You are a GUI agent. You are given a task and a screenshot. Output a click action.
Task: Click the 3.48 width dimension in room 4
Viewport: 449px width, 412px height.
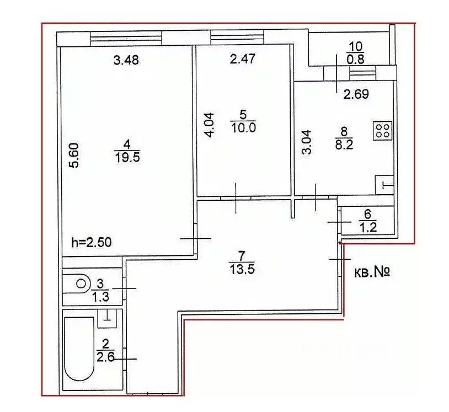[126, 60]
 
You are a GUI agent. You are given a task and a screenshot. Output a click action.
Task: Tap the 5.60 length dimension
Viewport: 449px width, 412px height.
[74, 156]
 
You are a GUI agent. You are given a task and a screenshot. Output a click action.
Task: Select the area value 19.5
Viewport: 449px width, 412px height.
[127, 157]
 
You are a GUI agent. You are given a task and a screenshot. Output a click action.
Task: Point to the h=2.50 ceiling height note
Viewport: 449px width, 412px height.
[92, 243]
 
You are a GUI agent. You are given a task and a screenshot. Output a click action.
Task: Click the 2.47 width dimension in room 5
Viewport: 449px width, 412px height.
[243, 58]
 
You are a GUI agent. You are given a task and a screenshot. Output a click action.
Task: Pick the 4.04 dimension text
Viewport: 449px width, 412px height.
[210, 125]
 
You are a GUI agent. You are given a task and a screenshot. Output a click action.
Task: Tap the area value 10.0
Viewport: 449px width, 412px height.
[243, 127]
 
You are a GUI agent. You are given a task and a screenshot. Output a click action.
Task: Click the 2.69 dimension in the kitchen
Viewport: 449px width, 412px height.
[356, 94]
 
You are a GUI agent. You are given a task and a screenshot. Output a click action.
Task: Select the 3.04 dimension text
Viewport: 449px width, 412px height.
[307, 142]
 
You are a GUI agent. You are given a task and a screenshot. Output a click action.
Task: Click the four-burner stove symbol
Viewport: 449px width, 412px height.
[383, 131]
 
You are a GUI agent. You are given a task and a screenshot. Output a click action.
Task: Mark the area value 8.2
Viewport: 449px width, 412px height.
[344, 145]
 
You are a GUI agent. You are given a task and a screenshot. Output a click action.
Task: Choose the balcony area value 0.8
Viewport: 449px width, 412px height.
[356, 59]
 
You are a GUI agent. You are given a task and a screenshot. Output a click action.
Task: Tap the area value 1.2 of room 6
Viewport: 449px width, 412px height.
[368, 228]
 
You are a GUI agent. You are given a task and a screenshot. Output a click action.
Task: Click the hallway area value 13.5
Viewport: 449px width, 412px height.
[242, 269]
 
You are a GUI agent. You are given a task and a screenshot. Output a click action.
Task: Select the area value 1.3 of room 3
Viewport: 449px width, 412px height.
[100, 297]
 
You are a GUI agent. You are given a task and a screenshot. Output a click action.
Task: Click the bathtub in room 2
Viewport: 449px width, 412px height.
[79, 349]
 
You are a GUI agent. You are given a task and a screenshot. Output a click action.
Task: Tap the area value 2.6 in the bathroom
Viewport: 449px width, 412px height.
[106, 357]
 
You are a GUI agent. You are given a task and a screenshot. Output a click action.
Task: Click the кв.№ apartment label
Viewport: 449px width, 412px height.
[372, 272]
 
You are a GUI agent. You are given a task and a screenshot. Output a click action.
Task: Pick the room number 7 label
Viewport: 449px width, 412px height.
[242, 255]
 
